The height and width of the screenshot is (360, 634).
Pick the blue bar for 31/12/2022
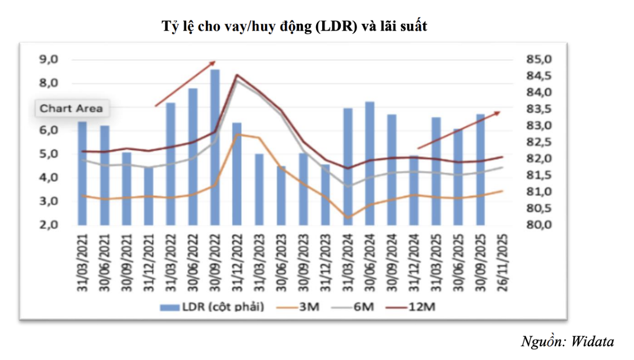pyautogui.click(x=237, y=174)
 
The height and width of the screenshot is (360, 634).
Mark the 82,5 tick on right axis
pyautogui.click(x=537, y=142)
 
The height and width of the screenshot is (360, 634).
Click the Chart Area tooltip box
pyautogui.click(x=71, y=109)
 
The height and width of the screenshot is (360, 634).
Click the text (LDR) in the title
pyautogui.click(x=332, y=26)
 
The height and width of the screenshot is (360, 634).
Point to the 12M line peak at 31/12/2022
pyautogui.click(x=237, y=75)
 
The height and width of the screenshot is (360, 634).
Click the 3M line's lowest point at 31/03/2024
pyautogui.click(x=348, y=217)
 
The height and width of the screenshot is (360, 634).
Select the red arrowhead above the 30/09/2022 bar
pyautogui.click(x=213, y=62)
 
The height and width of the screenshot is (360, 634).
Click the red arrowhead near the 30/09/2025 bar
pyautogui.click(x=497, y=113)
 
